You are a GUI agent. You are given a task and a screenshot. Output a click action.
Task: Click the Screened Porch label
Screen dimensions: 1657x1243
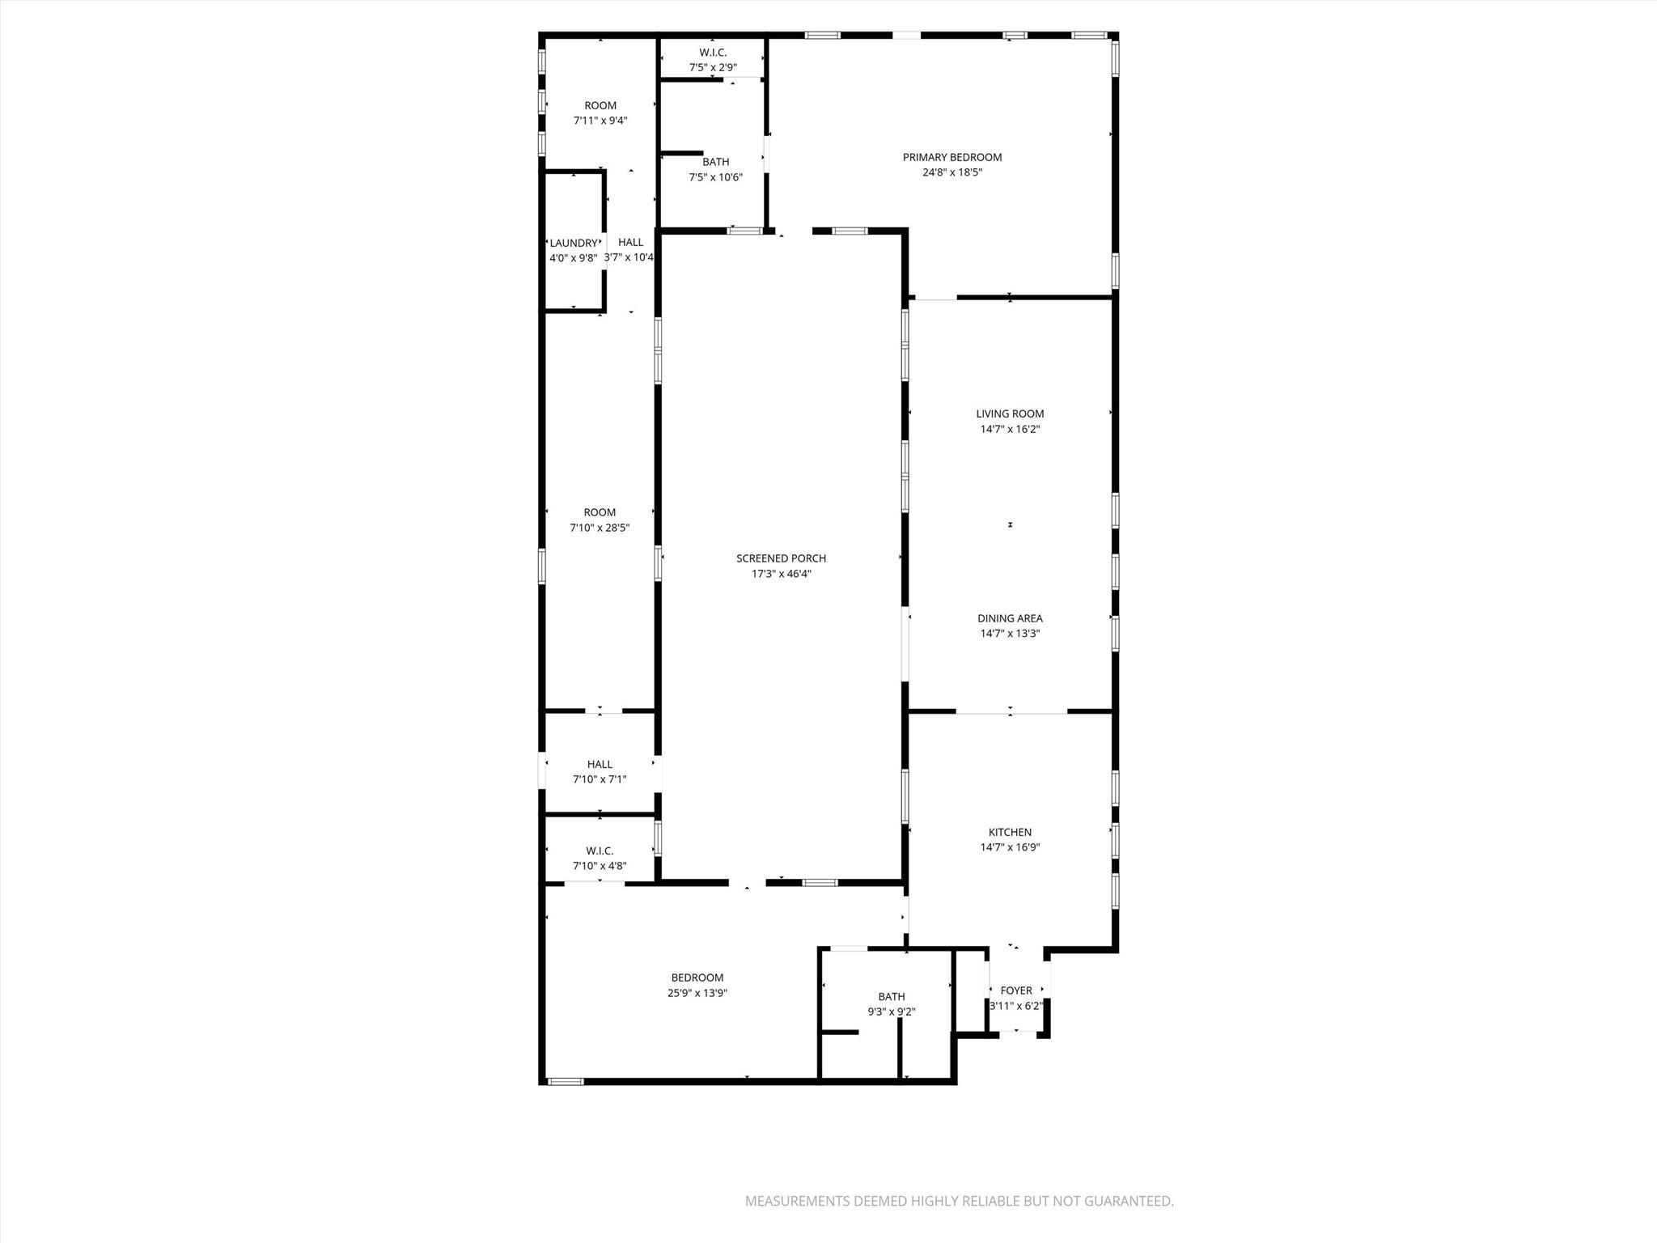tap(781, 558)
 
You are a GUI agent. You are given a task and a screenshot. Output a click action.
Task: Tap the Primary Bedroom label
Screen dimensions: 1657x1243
tap(952, 157)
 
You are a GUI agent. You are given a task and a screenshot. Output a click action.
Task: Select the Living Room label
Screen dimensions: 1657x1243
tap(1010, 414)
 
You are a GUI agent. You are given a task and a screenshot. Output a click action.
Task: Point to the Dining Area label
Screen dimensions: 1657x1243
tap(1010, 618)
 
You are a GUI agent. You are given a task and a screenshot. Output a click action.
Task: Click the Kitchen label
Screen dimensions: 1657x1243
tap(1010, 832)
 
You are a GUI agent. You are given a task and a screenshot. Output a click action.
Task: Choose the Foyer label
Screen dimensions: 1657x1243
tap(1016, 991)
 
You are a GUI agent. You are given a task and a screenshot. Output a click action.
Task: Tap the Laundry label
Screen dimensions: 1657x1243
tap(574, 243)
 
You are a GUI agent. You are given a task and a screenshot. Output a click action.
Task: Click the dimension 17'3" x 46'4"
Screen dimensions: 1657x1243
tap(781, 574)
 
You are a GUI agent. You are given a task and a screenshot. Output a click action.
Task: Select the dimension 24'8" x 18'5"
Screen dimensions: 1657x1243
tap(952, 172)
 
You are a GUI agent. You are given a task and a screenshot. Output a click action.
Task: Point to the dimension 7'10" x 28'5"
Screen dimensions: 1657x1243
tap(600, 528)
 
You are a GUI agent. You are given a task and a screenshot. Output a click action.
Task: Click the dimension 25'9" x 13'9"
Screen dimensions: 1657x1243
tap(697, 993)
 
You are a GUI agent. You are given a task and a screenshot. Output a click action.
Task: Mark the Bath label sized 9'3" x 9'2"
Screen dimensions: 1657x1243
tap(892, 997)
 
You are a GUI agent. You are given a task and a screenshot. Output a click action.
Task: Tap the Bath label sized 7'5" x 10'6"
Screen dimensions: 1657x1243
tap(715, 162)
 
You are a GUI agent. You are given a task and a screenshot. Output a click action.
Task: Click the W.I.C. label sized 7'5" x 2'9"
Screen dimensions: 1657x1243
tap(713, 53)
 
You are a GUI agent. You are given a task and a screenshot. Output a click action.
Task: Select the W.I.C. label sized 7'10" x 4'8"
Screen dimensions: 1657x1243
tap(600, 851)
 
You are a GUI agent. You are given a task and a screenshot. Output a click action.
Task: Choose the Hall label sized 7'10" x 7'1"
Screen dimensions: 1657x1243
tap(600, 764)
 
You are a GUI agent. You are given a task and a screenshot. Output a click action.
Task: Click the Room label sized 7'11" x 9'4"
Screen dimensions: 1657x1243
tap(600, 105)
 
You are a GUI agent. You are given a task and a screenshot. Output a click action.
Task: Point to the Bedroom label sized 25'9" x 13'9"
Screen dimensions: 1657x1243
tap(697, 978)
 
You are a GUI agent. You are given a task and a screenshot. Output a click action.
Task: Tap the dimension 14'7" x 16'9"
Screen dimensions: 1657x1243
tap(1010, 847)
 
